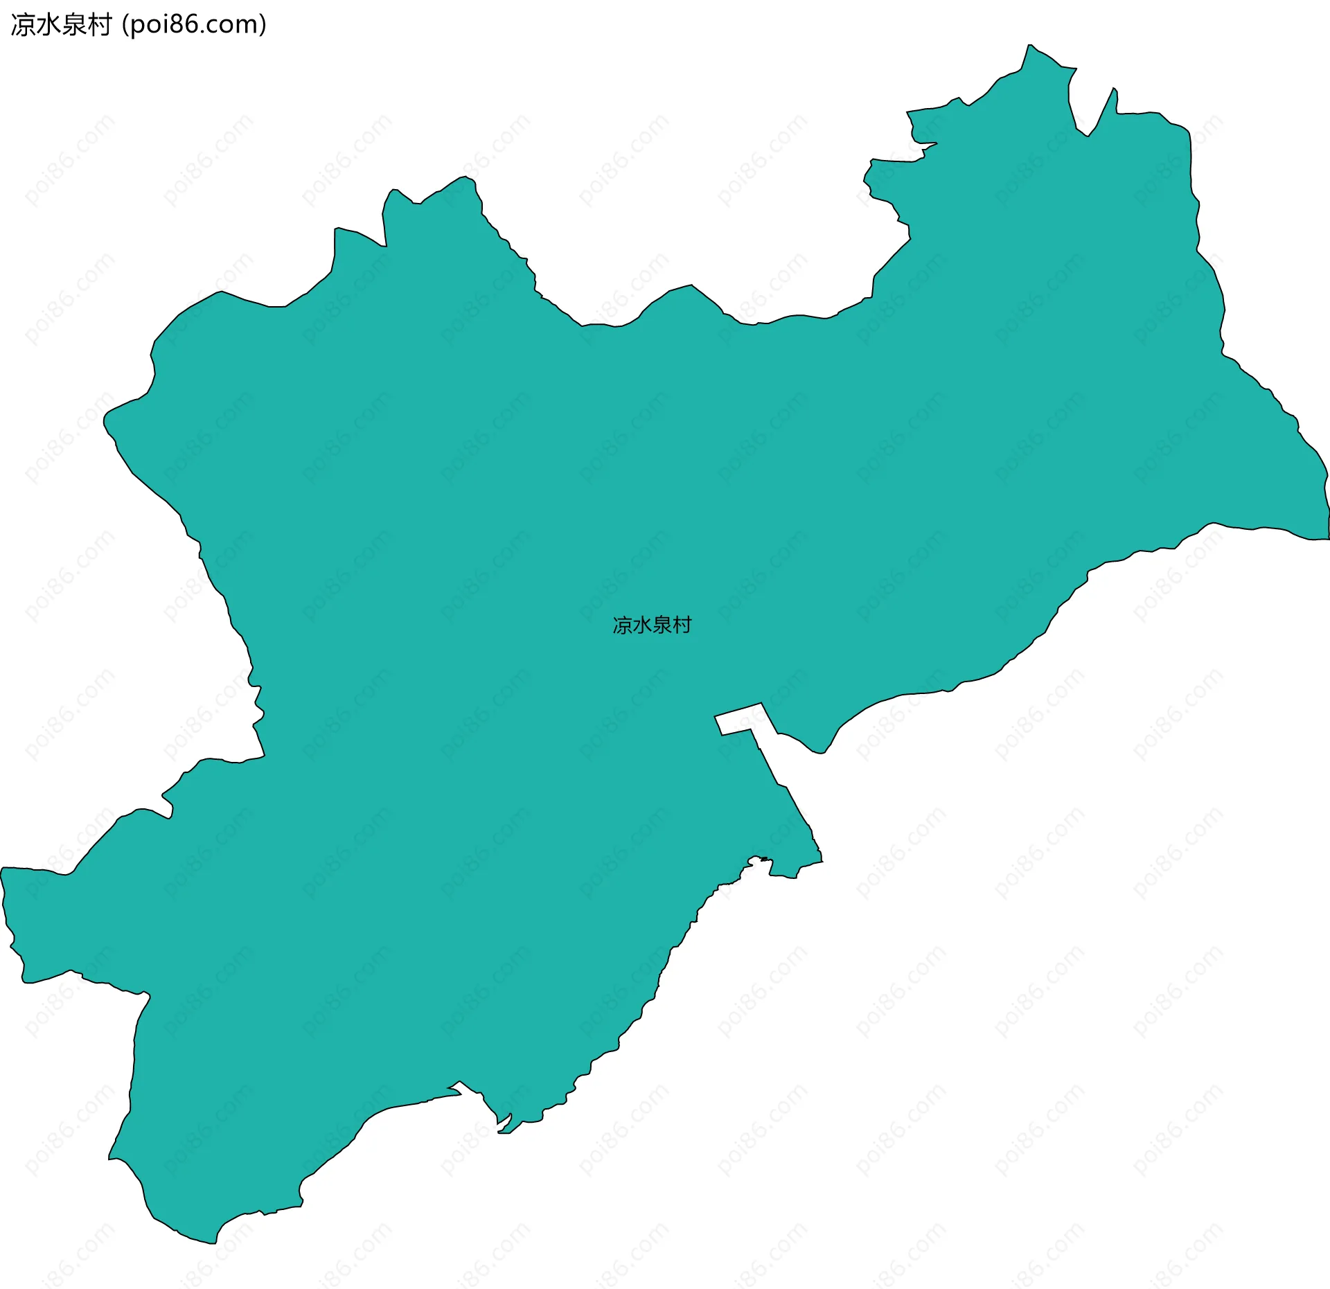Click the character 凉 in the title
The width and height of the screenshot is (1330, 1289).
click(x=23, y=25)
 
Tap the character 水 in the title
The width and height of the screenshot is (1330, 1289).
click(x=48, y=25)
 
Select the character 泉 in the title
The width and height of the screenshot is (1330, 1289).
click(x=74, y=25)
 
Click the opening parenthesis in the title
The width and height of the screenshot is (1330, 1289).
click(x=125, y=25)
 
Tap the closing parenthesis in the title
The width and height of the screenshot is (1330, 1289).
click(x=263, y=25)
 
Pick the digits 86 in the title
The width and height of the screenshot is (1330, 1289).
click(x=182, y=25)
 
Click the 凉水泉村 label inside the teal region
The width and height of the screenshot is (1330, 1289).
click(x=652, y=625)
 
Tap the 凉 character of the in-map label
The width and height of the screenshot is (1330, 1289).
click(x=622, y=625)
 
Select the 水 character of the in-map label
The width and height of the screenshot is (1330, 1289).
click(x=642, y=625)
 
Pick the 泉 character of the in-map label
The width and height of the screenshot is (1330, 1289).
click(x=662, y=625)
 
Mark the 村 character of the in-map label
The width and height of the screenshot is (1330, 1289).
click(x=682, y=625)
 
